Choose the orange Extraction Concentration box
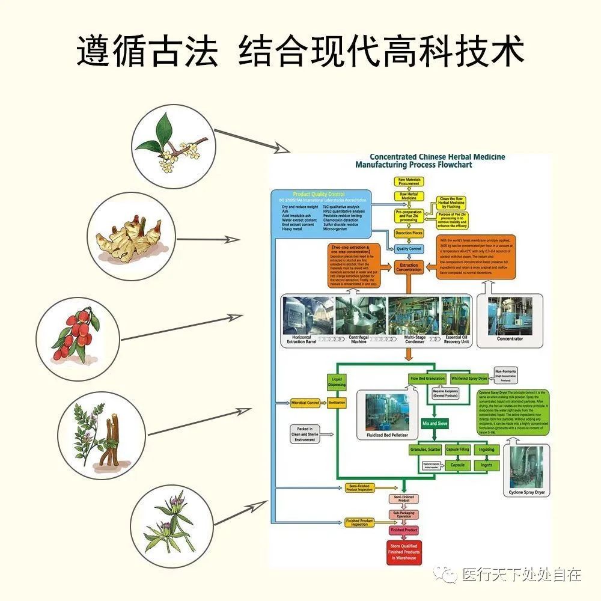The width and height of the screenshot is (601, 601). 409,267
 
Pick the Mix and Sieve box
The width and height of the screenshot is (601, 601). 435,423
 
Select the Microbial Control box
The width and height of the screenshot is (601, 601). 305,402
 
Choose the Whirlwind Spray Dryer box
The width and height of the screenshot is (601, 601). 471,379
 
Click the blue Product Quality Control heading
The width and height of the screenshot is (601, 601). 319,194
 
